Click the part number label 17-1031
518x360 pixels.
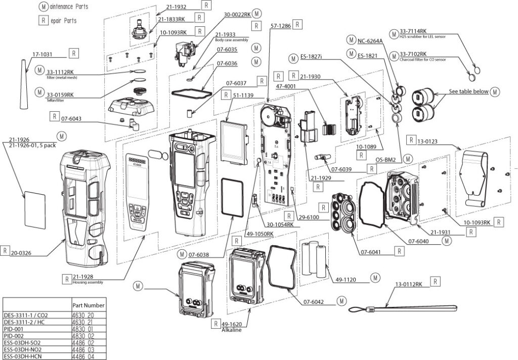pyautogui.click(x=43, y=53)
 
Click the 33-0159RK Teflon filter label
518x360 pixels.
pyautogui.click(x=60, y=95)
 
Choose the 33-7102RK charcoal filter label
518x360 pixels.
pyautogui.click(x=413, y=54)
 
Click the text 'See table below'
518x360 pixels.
pyautogui.click(x=468, y=92)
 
